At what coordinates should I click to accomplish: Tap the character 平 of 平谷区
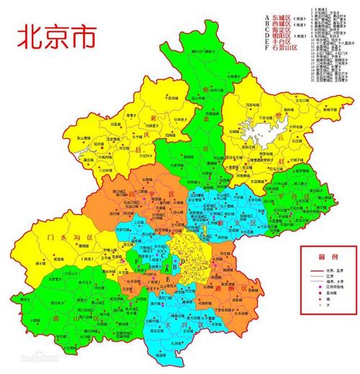(x=296, y=197)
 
